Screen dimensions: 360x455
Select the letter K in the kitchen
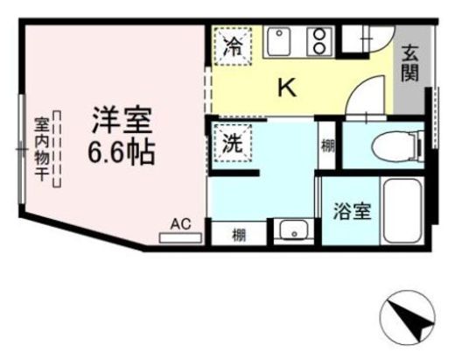[287, 88]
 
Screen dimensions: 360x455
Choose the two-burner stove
[318, 41]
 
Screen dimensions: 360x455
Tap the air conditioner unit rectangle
[180, 236]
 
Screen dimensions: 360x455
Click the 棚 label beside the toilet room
[327, 145]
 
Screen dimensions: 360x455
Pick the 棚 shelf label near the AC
[239, 234]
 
